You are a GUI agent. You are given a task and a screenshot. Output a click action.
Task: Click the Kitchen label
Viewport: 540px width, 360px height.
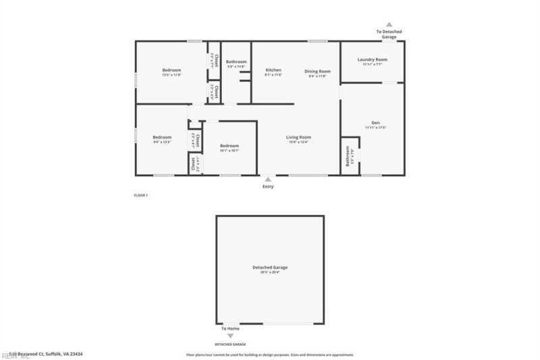[x=273, y=71]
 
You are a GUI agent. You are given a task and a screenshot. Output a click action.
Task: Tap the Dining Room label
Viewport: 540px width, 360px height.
[x=317, y=71]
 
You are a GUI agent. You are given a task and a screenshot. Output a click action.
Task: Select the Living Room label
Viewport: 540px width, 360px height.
[x=300, y=137]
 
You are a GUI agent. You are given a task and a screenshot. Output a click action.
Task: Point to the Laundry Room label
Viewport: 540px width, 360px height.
[x=372, y=59]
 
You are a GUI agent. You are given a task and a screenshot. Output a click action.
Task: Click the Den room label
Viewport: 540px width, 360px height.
[x=375, y=122]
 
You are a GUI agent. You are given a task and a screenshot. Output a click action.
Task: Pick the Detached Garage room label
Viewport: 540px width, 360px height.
[x=270, y=267]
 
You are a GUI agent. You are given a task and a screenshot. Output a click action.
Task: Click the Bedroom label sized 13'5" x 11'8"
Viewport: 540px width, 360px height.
[x=171, y=70]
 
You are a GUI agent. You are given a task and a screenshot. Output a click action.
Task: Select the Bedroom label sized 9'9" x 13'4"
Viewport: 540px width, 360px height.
[x=161, y=137]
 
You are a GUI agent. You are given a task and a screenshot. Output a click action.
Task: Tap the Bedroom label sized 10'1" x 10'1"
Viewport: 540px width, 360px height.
[x=230, y=146]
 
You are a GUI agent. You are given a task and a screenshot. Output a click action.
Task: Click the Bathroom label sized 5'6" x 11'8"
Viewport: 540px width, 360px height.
[x=236, y=61]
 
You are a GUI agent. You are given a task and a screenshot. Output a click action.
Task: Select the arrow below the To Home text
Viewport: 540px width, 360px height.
[x=230, y=336]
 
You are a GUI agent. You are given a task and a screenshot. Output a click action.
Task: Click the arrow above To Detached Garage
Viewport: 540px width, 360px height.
[x=389, y=24]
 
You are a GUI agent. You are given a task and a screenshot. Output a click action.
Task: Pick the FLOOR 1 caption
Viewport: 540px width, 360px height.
[x=140, y=195]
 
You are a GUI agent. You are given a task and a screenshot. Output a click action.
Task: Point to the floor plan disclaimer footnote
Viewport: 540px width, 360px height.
[x=270, y=354]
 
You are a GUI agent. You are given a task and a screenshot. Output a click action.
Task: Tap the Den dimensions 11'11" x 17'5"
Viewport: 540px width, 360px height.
[x=375, y=128]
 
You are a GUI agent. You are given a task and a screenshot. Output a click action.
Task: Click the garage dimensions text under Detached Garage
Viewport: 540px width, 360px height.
[x=270, y=272]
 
